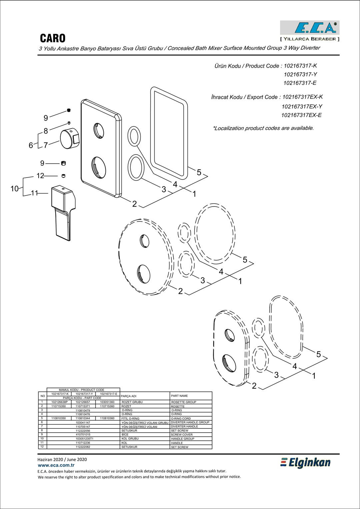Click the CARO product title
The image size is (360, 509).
[x=53, y=38]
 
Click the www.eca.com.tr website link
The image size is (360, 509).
[x=56, y=465]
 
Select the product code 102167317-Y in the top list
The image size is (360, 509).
[x=300, y=75]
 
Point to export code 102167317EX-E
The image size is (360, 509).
[x=302, y=115]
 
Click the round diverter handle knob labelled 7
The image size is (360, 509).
[x=69, y=138]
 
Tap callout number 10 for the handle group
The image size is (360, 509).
[x=15, y=189]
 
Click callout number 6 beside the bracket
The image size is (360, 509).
[x=31, y=145]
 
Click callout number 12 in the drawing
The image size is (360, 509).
[x=40, y=176]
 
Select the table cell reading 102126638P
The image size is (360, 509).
[x=59, y=402]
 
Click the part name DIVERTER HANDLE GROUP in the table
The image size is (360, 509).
[x=190, y=422]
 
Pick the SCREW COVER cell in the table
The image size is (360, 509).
[x=182, y=434]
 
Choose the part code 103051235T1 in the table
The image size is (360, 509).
[x=84, y=439]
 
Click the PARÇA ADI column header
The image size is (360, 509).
[x=128, y=396]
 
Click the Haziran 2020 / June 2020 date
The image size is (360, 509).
[x=62, y=459]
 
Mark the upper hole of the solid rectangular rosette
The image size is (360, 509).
[x=99, y=131]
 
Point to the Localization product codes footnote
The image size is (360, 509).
[x=263, y=128]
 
